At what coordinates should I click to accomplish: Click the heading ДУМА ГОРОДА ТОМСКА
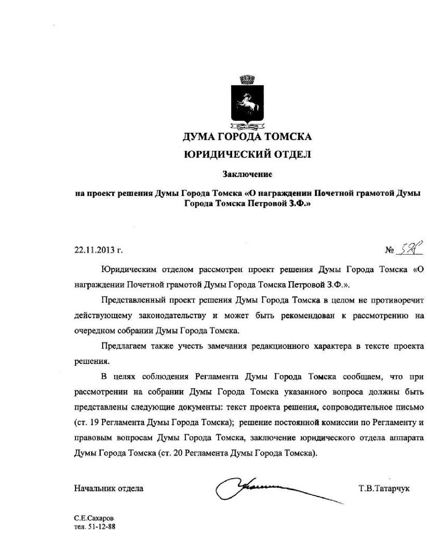[x=247, y=137]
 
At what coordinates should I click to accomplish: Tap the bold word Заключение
[x=247, y=174]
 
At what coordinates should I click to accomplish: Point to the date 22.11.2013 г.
[x=98, y=250]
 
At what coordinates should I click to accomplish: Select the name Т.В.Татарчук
[x=384, y=488]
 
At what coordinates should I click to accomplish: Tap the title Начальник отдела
[x=109, y=488]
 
